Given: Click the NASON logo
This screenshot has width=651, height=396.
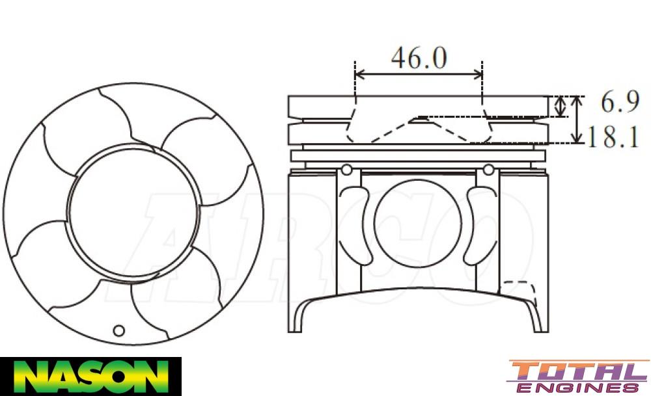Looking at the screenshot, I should [x=90, y=376].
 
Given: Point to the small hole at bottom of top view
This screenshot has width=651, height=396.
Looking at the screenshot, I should [x=118, y=329].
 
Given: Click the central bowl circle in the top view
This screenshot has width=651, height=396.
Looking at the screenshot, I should [x=133, y=212].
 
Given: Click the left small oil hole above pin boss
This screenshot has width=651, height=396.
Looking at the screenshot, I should [x=347, y=170].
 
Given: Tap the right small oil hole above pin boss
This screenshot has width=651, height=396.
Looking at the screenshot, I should [x=488, y=170].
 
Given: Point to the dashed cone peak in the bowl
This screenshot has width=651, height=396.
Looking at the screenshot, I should [x=417, y=118].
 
